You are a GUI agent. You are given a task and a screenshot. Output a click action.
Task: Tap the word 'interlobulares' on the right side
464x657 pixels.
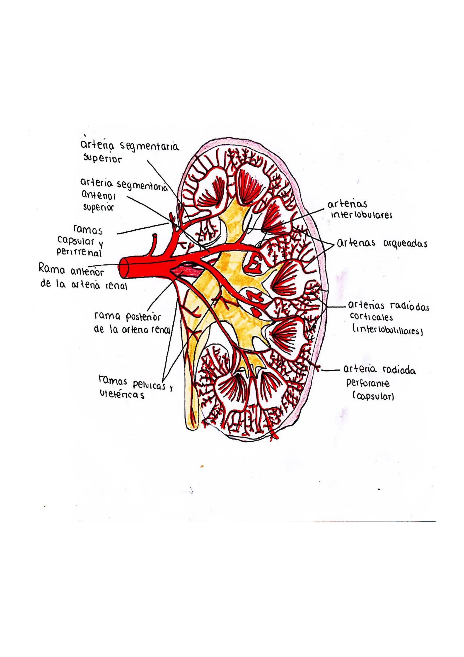(361, 215)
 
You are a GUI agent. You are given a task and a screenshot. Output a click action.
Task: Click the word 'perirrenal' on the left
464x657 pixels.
(79, 252)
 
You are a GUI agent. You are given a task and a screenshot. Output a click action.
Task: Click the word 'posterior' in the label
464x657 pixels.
(143, 317)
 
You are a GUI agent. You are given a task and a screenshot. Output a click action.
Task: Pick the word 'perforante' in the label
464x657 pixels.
(368, 383)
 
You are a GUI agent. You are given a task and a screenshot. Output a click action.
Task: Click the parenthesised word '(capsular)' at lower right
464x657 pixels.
(373, 397)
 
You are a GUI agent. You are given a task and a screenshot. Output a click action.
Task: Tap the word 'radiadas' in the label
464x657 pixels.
(409, 307)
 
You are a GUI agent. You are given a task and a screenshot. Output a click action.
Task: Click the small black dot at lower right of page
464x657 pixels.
(379, 490)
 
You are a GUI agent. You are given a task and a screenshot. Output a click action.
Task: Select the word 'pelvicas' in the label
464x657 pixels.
(149, 385)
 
